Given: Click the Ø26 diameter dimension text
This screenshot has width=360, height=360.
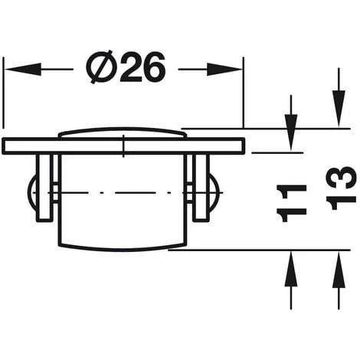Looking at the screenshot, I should [126, 68].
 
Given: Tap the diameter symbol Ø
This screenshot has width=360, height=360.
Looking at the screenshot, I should [103, 68].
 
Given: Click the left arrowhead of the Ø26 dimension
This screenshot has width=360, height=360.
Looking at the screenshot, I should [14, 68].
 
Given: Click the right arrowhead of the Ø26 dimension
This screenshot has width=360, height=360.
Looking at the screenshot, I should [233, 68].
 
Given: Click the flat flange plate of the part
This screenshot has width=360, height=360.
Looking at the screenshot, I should [123, 146].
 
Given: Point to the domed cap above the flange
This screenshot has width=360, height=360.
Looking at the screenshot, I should [123, 133].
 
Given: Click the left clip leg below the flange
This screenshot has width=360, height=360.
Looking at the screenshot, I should [47, 187].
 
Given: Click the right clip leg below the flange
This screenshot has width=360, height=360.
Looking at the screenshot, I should [200, 187].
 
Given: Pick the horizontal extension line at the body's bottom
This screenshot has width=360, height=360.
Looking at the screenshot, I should [253, 250].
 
